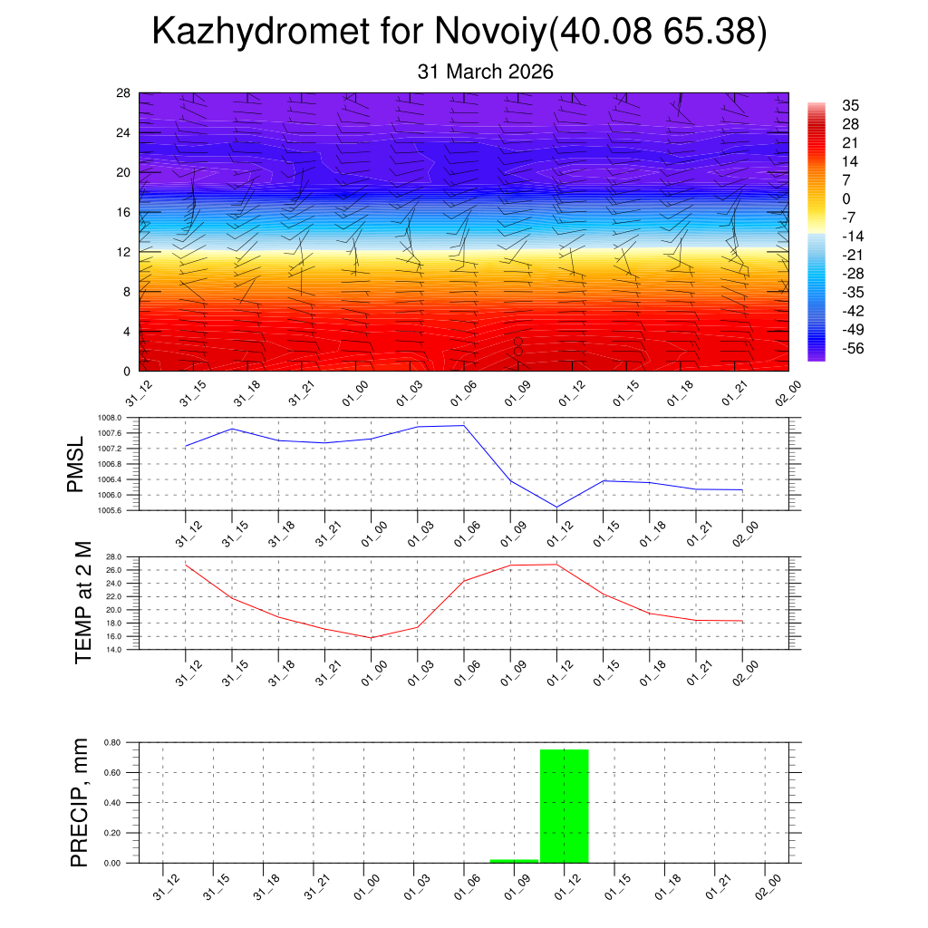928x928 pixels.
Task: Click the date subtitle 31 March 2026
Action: (x=485, y=72)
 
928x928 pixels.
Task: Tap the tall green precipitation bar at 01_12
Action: (x=564, y=806)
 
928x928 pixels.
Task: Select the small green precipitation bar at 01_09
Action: (x=514, y=860)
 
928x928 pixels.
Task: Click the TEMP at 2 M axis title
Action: (x=83, y=603)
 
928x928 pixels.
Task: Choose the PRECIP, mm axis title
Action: (x=80, y=802)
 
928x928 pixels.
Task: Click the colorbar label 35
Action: (x=850, y=105)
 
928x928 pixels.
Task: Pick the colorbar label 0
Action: (x=846, y=199)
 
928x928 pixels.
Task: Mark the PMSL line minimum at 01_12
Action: (x=556, y=507)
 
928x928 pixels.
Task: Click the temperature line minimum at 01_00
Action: (x=371, y=638)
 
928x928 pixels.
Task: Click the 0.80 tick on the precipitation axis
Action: (x=112, y=742)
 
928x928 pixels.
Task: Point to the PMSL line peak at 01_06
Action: (x=464, y=425)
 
